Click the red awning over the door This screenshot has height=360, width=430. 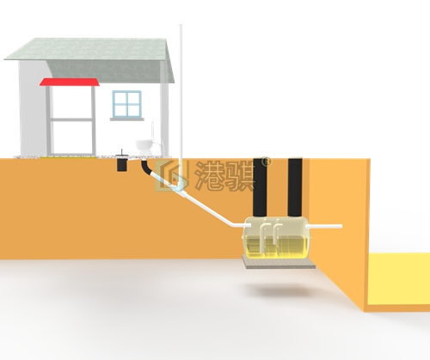pyautogui.click(x=70, y=82)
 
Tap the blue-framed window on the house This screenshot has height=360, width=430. pyautogui.click(x=127, y=104)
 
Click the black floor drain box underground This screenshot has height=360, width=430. pyautogui.click(x=122, y=164)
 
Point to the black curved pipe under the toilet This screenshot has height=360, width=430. pyautogui.click(x=146, y=168)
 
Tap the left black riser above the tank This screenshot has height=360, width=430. pyautogui.click(x=260, y=186)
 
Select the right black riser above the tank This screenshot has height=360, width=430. pyautogui.click(x=295, y=186)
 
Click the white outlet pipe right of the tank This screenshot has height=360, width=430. pyautogui.click(x=324, y=227)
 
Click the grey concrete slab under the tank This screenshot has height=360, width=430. pyautogui.click(x=279, y=262)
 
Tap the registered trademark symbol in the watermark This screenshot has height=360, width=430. pyautogui.click(x=267, y=162)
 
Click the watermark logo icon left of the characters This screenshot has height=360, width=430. pyautogui.click(x=172, y=175)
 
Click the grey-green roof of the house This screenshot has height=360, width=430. pyautogui.click(x=89, y=60)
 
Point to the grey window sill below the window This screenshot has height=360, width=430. pyautogui.click(x=127, y=119)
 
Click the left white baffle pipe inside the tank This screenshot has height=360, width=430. pyautogui.click(x=263, y=238)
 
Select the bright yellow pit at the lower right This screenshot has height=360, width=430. pyautogui.click(x=399, y=279)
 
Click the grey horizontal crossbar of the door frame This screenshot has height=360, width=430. pyautogui.click(x=71, y=119)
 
